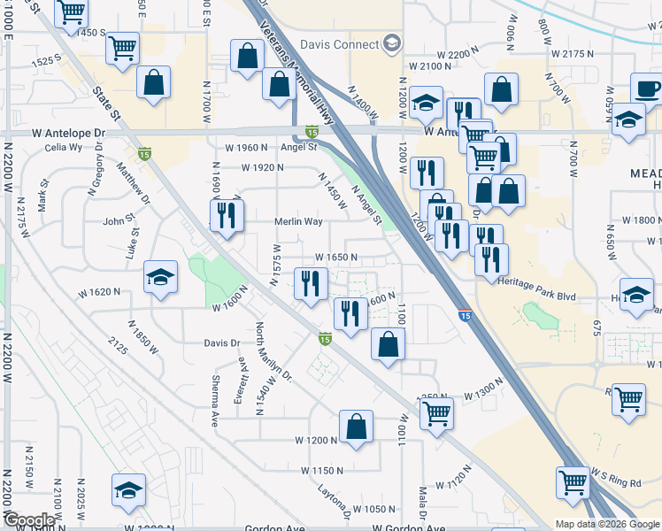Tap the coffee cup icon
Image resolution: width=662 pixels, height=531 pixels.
647,88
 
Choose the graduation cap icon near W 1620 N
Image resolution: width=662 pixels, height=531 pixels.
160,279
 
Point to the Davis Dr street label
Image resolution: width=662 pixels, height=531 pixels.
222,342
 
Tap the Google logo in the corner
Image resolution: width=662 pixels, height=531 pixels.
29,520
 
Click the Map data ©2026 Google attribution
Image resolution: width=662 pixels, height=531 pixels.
606,524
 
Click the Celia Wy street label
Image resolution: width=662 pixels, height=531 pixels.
62,147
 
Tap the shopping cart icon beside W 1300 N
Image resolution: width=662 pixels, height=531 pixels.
436,412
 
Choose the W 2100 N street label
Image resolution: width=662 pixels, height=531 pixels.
430,66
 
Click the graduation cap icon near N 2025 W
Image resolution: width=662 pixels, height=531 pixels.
128,490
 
